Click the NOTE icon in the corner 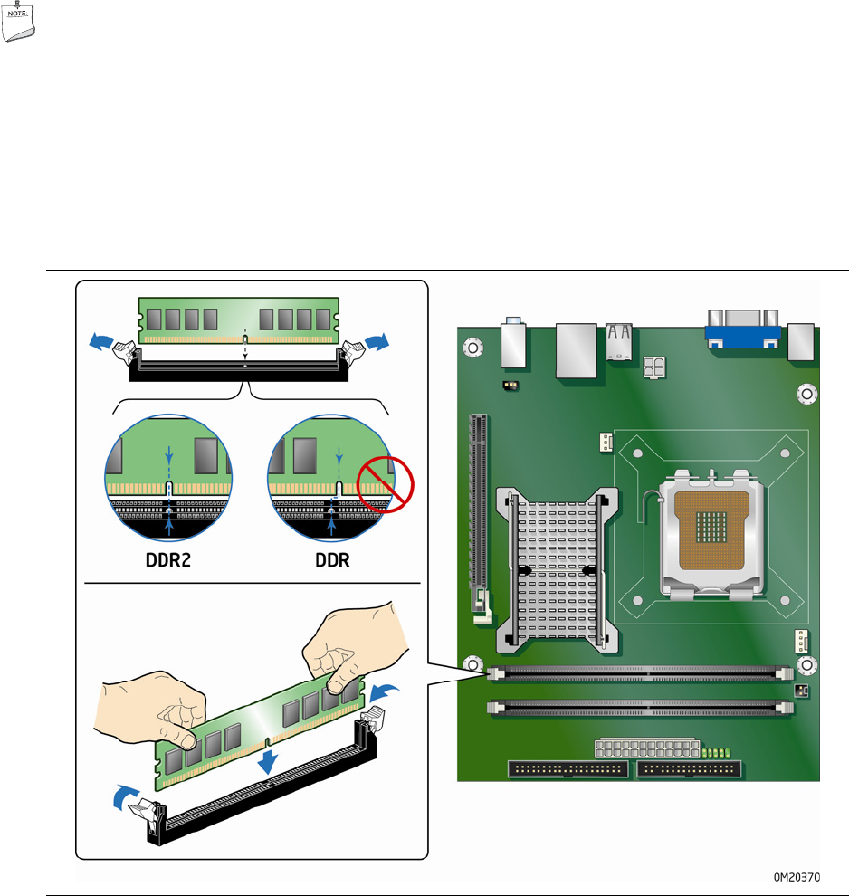click(x=18, y=21)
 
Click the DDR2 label click(x=168, y=560)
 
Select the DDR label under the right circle click(x=332, y=560)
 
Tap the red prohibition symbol click(x=385, y=484)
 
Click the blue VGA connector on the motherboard click(x=743, y=336)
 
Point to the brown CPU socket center click(x=711, y=529)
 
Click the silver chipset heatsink click(x=557, y=569)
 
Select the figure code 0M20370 click(x=797, y=877)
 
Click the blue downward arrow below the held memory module click(x=267, y=762)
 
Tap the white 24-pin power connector click(x=647, y=748)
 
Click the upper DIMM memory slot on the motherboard click(x=640, y=673)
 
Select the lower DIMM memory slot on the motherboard click(x=640, y=708)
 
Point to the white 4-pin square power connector click(x=654, y=367)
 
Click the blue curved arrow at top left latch click(x=101, y=342)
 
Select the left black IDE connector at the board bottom click(x=568, y=769)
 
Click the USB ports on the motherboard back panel click(x=619, y=342)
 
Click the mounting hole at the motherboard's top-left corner click(x=473, y=348)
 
